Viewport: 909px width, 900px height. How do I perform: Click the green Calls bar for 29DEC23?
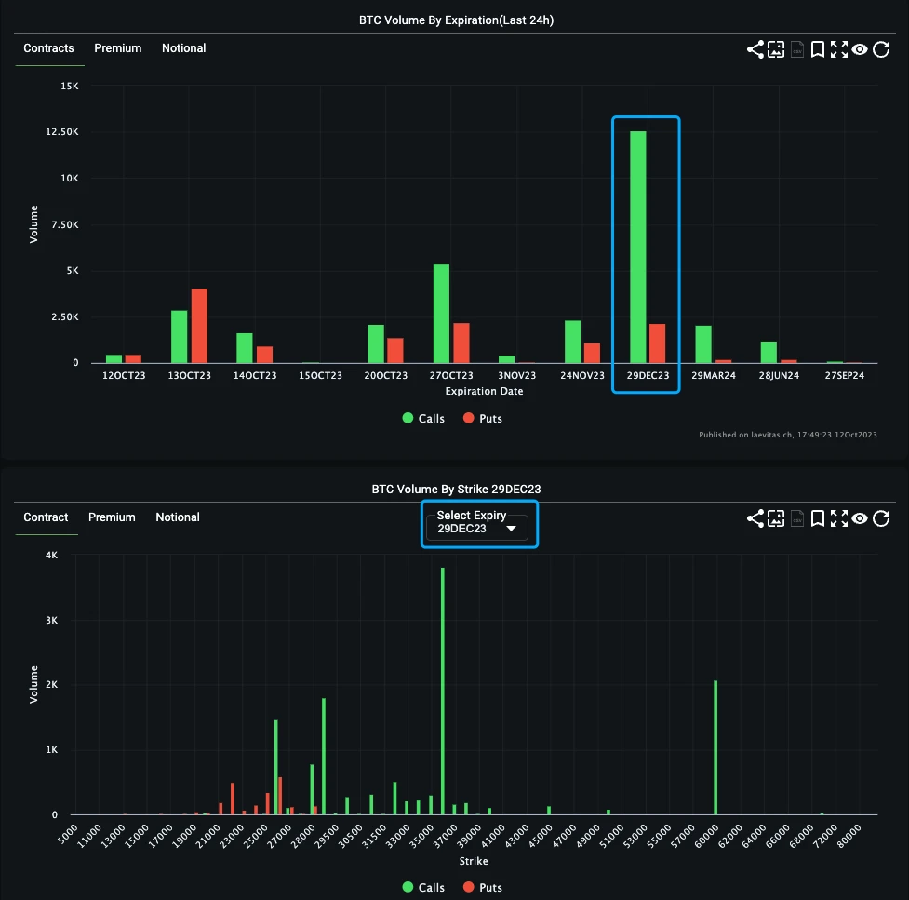click(637, 247)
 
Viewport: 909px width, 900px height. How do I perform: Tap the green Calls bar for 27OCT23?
click(441, 314)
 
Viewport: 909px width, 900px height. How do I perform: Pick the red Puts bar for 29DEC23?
click(657, 343)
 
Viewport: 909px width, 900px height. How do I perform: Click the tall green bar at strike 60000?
click(715, 747)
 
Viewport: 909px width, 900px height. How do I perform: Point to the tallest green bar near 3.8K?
click(442, 691)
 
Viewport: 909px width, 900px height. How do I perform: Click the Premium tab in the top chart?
click(117, 48)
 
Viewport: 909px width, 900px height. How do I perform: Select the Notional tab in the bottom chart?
click(178, 517)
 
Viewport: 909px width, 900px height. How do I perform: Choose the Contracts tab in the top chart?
click(48, 48)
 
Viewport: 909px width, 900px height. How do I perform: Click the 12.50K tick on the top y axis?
click(62, 132)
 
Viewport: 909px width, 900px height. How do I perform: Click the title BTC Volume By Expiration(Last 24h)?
click(463, 20)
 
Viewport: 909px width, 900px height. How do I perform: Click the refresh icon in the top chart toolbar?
click(881, 49)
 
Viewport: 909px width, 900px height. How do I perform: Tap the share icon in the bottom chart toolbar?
click(755, 518)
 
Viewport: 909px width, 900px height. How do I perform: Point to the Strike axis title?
click(473, 862)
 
